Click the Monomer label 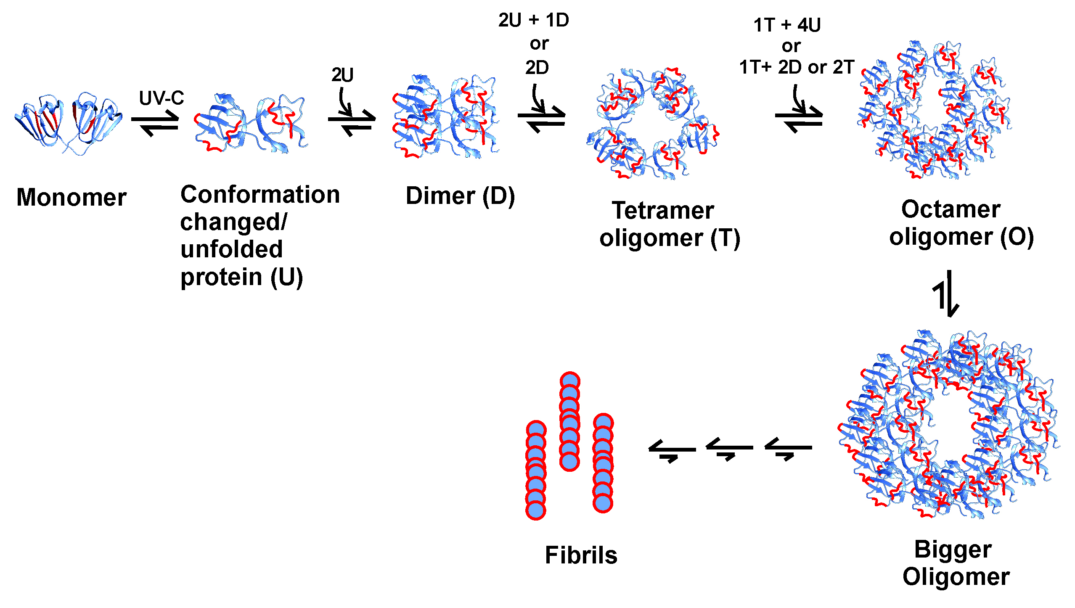pyautogui.click(x=71, y=197)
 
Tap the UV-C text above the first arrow pyautogui.click(x=162, y=98)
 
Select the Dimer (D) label pyautogui.click(x=460, y=196)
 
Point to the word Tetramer pyautogui.click(x=663, y=210)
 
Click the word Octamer pyautogui.click(x=951, y=209)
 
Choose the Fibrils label pyautogui.click(x=581, y=555)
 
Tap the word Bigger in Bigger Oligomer pyautogui.click(x=953, y=549)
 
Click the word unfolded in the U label pyautogui.click(x=232, y=249)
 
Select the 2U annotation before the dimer pyautogui.click(x=342, y=75)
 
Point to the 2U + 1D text pyautogui.click(x=533, y=20)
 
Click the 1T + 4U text pyautogui.click(x=787, y=25)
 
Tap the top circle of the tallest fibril pyautogui.click(x=570, y=381)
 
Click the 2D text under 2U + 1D pyautogui.click(x=537, y=67)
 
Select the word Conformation pyautogui.click(x=260, y=195)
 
